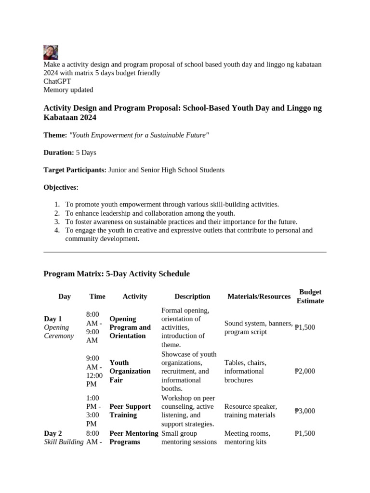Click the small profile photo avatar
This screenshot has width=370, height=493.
point(51,52)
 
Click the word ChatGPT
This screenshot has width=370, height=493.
point(57,81)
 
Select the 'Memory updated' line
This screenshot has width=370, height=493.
point(68,90)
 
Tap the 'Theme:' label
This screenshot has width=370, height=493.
point(55,135)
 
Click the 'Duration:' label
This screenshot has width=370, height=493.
point(59,153)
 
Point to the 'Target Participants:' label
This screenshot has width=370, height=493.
point(75,170)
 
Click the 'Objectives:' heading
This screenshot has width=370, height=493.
point(61,187)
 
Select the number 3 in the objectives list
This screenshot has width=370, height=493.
point(57,222)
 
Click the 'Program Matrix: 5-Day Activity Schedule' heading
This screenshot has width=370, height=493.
point(117,274)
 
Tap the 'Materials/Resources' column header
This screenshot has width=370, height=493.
point(259,297)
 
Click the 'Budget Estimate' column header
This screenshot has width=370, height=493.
point(310,297)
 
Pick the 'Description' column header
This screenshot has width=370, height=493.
point(192,297)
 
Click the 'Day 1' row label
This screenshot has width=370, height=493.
point(53,319)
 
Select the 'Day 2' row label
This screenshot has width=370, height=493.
point(53,433)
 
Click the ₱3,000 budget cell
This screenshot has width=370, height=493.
point(304,411)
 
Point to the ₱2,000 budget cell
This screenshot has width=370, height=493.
point(304,371)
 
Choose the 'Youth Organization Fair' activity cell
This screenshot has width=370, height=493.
point(130,371)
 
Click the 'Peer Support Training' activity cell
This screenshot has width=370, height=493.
point(130,411)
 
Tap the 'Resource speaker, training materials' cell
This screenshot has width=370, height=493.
point(251,411)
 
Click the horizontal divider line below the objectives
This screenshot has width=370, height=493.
point(185,252)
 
